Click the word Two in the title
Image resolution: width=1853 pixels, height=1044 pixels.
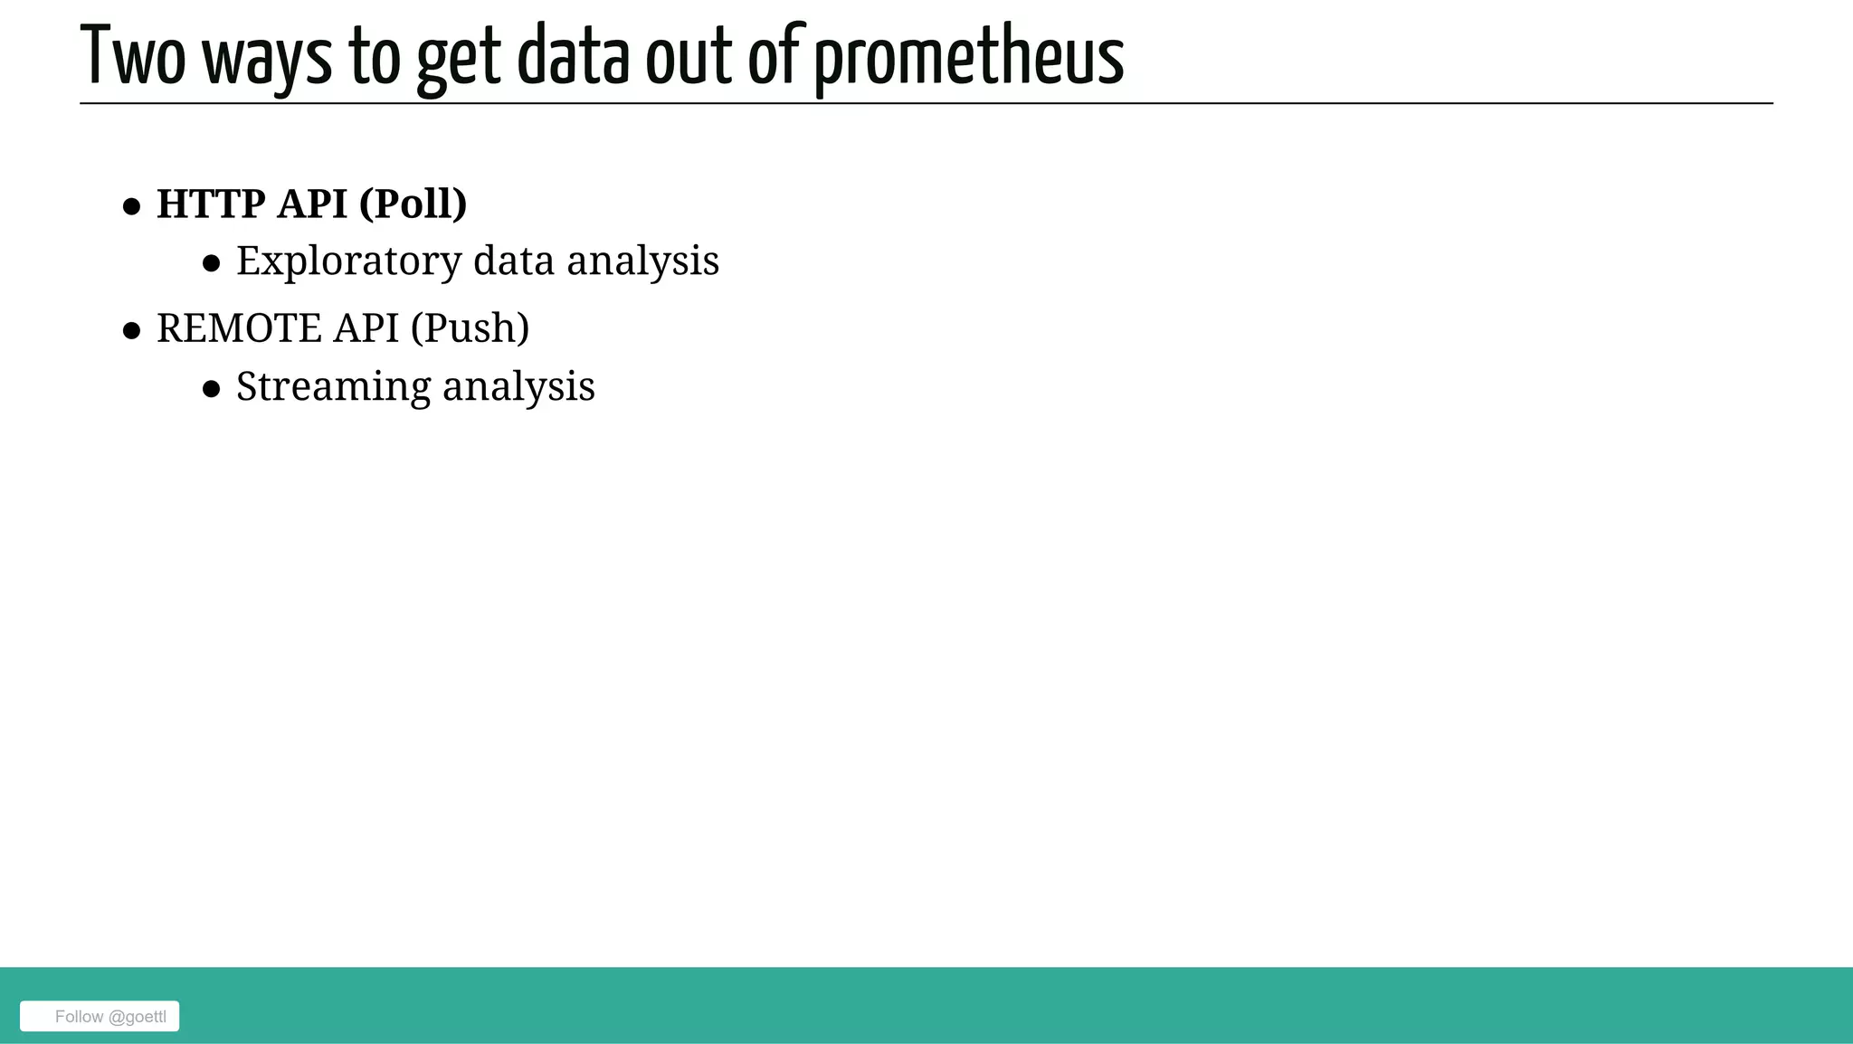[x=133, y=57]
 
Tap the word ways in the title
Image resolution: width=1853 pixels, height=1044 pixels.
[x=267, y=60]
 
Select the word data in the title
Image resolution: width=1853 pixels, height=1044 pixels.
[x=573, y=57]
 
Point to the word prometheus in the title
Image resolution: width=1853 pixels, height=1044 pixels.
[x=969, y=60]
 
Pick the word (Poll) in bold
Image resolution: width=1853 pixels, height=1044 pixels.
[x=413, y=204]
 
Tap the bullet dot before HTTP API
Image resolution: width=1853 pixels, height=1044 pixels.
[x=132, y=207]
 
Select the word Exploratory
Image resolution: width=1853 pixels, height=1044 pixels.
[x=349, y=261]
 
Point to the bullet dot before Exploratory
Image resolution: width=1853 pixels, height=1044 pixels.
[x=212, y=264]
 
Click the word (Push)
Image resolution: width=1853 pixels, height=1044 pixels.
[x=470, y=327]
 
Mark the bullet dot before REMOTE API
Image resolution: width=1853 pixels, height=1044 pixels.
[x=132, y=331]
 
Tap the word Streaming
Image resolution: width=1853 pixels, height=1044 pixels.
[x=333, y=387]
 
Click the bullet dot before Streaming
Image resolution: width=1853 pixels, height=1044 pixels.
[x=212, y=389]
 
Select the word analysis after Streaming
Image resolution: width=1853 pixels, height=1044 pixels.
[x=518, y=387]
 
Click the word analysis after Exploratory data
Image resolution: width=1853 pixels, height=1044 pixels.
[x=642, y=261]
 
